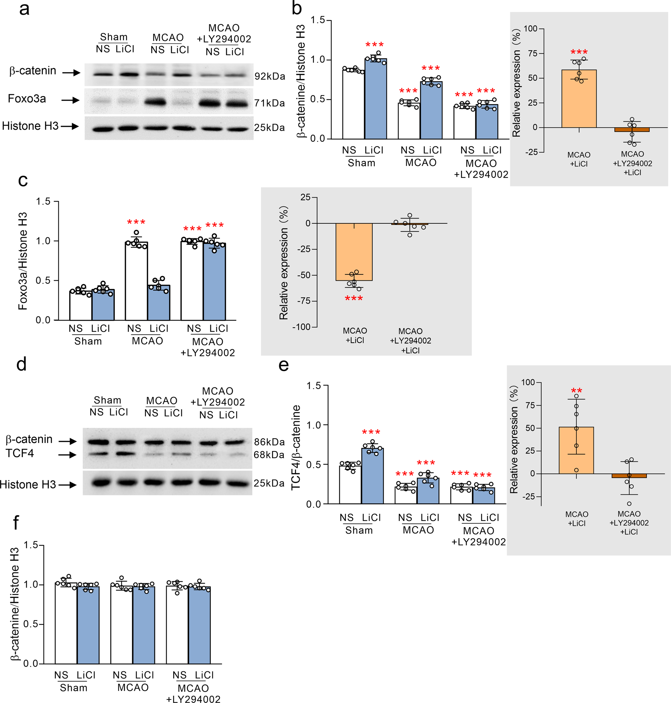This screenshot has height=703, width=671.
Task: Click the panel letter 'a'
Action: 24,9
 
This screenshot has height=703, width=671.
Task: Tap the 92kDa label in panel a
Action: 270,76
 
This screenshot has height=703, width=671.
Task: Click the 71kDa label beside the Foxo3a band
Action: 269,103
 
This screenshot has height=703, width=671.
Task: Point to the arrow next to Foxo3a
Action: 70,100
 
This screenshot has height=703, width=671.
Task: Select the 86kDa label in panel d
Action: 269,442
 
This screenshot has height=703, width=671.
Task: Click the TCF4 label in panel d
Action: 20,453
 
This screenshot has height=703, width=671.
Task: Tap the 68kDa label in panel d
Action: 269,455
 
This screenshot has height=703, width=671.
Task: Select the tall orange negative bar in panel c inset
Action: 354,252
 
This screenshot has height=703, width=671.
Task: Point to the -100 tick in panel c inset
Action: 301,327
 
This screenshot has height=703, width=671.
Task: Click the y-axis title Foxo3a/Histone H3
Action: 22,261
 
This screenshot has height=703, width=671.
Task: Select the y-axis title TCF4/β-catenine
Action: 296,447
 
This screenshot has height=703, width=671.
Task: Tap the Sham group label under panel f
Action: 73,688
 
